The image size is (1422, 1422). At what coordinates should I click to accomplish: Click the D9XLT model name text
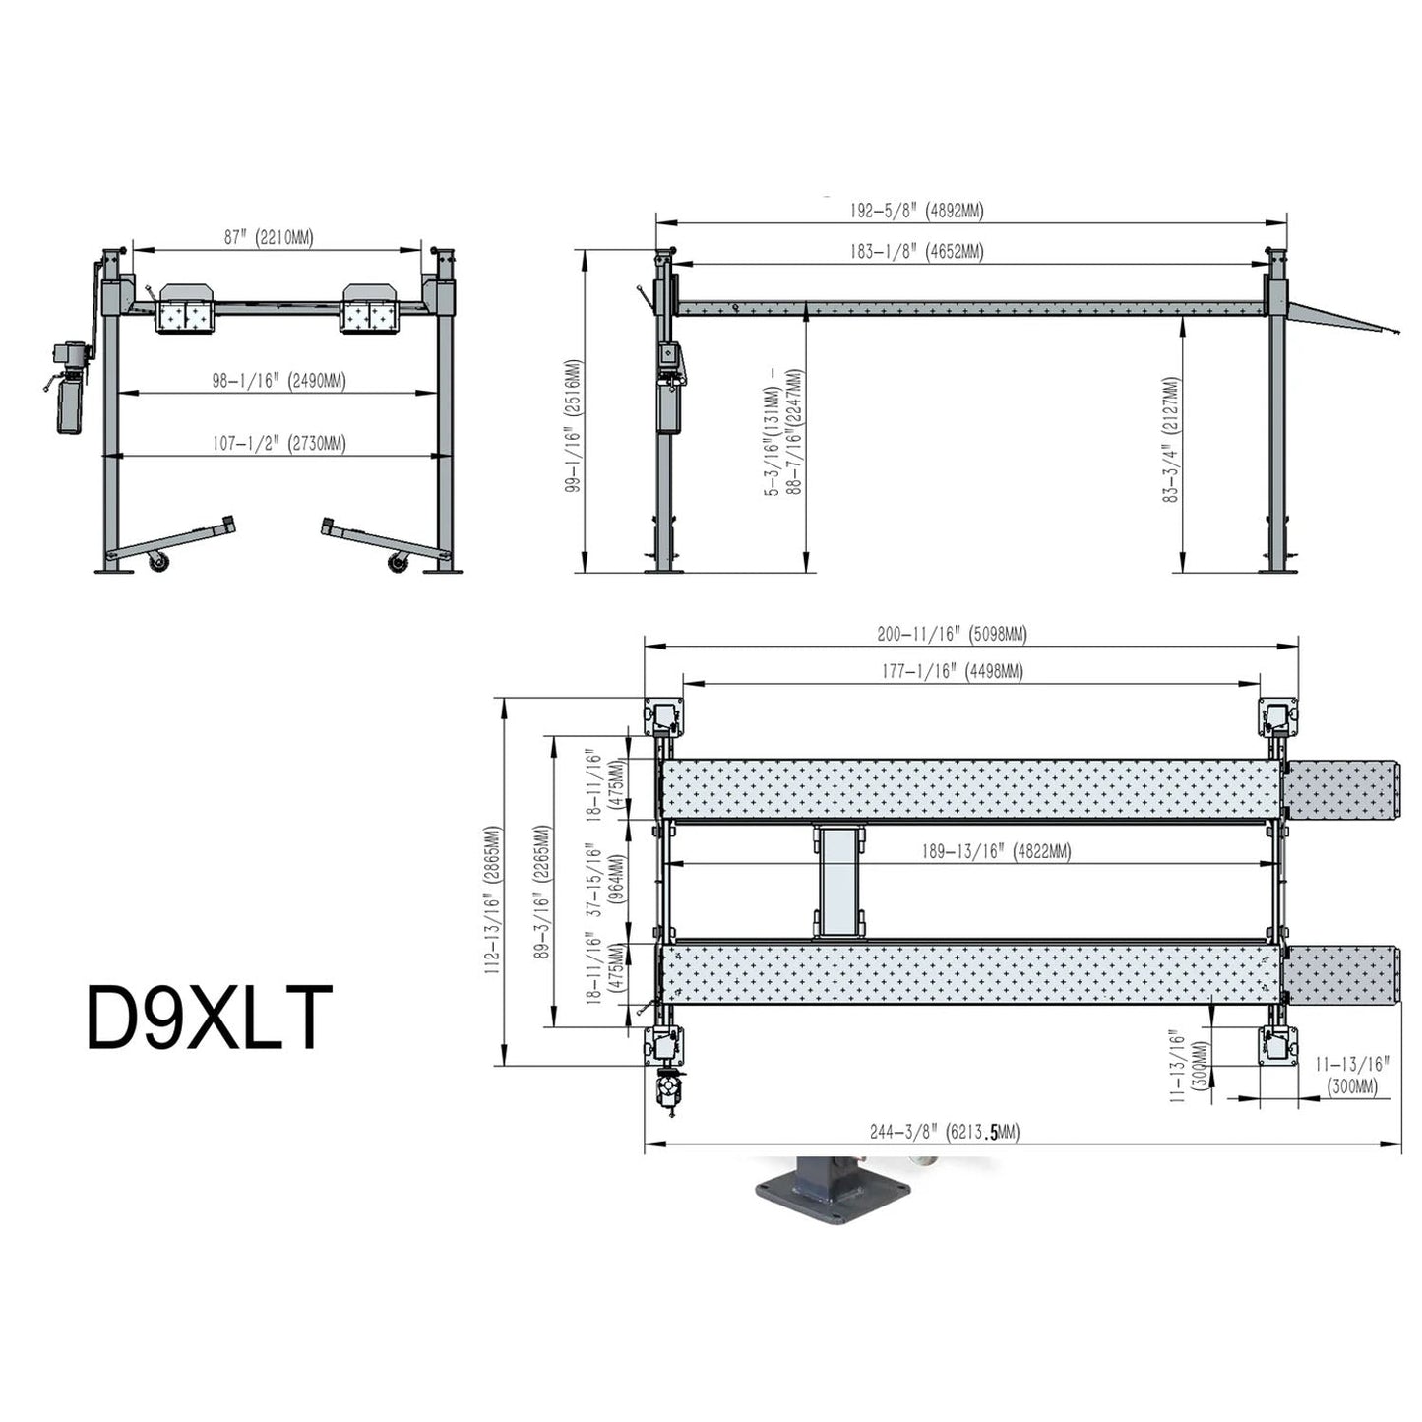209,1020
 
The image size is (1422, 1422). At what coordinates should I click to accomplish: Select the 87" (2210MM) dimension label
268,237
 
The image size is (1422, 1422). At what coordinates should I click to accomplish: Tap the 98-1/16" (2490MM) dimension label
278,381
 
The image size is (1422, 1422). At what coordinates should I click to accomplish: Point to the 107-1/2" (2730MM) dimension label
278,444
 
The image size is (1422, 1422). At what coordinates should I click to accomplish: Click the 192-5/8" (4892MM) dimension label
915,211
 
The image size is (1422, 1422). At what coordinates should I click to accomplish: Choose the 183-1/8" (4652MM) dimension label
915,252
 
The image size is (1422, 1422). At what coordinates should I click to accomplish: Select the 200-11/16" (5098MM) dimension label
951,635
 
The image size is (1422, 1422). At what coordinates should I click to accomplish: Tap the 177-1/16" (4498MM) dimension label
951,672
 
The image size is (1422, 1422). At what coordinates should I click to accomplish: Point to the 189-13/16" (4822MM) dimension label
995,852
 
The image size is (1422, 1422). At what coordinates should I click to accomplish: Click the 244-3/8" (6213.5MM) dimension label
944,1133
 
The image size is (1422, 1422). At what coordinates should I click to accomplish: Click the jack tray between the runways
838,881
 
